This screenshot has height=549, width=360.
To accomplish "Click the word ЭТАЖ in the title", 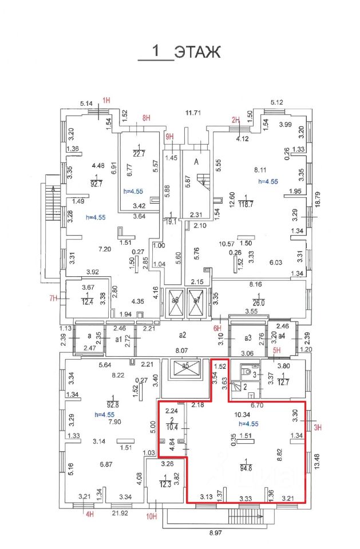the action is click(197, 53).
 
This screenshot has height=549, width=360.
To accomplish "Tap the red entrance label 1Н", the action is click(106, 100).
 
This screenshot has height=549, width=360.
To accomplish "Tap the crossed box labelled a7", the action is click(196, 300).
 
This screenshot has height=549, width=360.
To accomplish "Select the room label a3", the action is click(248, 339).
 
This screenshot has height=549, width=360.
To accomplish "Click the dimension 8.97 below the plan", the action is click(215, 533).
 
